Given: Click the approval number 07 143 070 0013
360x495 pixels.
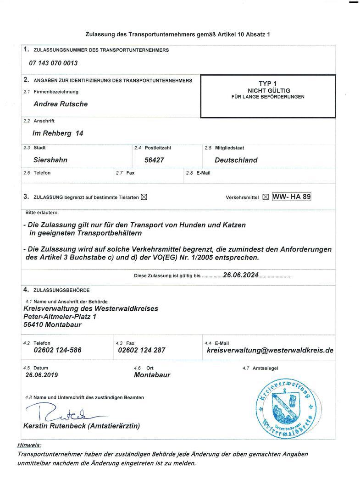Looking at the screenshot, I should (x=53, y=63).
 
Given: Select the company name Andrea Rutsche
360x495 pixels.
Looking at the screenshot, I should (x=61, y=104).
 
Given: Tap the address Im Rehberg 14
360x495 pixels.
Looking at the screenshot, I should (x=58, y=133).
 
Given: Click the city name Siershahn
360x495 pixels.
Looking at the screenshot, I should (x=50, y=160).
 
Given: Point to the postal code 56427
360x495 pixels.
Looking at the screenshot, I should (x=154, y=160).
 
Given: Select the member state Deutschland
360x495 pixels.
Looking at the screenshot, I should (x=236, y=160).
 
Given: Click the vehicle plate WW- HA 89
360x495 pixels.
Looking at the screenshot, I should (x=292, y=197).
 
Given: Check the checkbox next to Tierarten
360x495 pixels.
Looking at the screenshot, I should (x=144, y=197).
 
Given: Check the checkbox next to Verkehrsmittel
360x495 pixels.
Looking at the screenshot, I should (x=266, y=197).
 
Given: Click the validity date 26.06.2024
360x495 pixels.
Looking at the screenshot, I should (x=241, y=275).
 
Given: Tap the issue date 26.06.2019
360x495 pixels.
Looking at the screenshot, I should (x=42, y=375).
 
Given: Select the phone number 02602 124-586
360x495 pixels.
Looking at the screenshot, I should (x=58, y=350).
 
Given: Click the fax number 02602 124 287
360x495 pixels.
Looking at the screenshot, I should (x=141, y=350).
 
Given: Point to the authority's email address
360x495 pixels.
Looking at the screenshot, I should (x=270, y=350).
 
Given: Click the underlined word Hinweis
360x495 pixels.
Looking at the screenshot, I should (x=28, y=445).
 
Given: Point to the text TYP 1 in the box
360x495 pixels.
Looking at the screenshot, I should (x=268, y=83).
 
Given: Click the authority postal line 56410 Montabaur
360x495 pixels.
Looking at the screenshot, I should (x=52, y=324).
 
